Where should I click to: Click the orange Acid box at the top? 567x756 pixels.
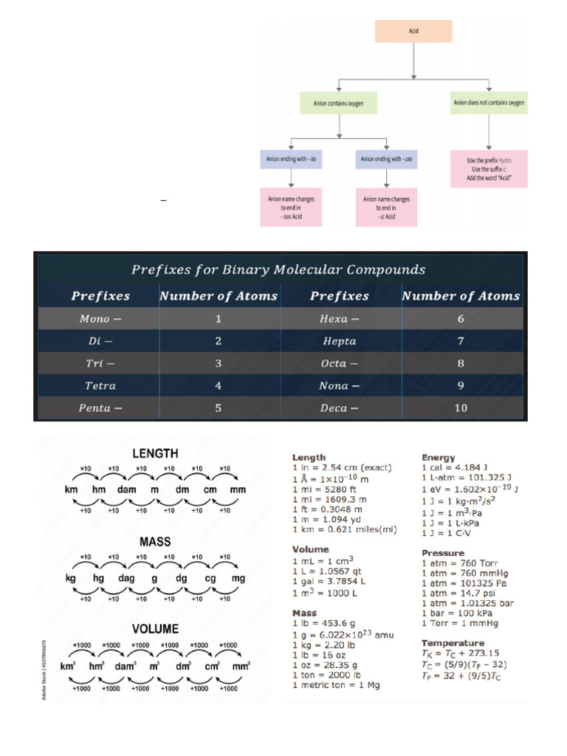(x=413, y=32)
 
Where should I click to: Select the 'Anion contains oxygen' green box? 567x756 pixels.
(x=339, y=103)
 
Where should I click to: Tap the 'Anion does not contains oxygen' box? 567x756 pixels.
(x=489, y=103)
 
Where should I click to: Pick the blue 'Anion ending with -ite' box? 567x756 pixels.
(x=292, y=159)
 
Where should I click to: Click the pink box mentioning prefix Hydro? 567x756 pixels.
(x=489, y=169)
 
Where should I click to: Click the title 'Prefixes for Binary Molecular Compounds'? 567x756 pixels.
(x=278, y=269)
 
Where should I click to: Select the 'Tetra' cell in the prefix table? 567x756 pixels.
(x=100, y=385)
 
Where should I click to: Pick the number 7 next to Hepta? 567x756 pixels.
(x=461, y=341)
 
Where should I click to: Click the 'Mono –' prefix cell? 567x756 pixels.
(x=100, y=319)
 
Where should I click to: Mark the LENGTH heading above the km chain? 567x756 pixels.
(x=154, y=453)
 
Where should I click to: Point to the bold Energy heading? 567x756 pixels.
(x=439, y=458)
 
